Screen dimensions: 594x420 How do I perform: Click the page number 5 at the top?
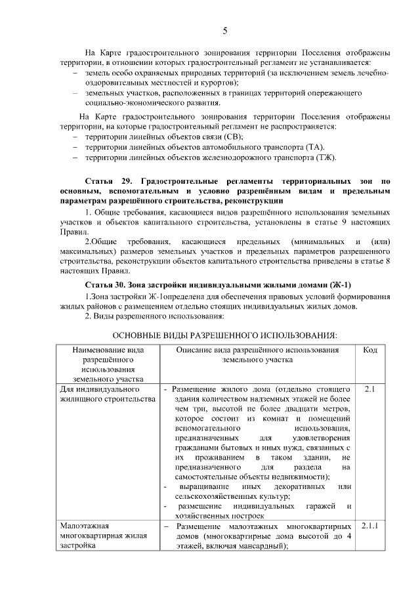[224, 31]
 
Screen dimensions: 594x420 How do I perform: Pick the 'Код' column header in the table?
[369, 350]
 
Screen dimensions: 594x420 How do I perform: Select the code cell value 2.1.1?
[369, 526]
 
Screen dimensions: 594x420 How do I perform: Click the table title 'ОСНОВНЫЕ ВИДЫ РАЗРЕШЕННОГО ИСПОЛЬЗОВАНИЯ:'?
[224, 335]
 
